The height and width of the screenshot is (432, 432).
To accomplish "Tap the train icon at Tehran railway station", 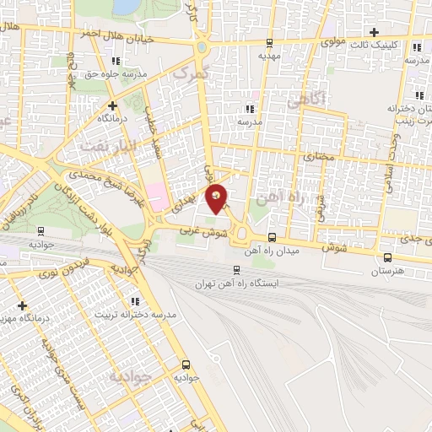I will click(x=236, y=271).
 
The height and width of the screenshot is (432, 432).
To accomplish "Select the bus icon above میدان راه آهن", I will click(x=272, y=238).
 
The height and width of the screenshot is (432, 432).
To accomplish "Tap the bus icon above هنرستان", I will click(x=386, y=258).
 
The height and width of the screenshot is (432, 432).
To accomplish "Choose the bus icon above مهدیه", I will click(x=269, y=43).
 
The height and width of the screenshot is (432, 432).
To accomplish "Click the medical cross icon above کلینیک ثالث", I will click(x=374, y=31).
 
